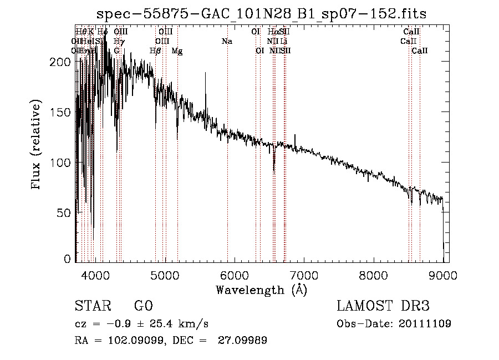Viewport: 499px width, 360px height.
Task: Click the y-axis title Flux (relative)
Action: click(x=37, y=146)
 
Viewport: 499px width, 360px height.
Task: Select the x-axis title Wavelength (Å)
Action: click(x=261, y=290)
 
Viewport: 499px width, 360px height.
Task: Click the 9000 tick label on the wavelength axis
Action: click(x=443, y=275)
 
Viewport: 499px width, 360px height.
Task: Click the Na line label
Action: click(x=227, y=41)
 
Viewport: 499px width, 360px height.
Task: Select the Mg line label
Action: click(x=177, y=51)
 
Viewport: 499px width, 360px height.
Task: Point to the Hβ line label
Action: click(x=155, y=51)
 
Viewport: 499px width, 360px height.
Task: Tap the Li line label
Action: click(x=283, y=41)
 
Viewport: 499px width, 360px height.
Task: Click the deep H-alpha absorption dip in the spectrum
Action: click(x=274, y=166)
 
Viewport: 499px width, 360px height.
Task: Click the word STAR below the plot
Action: click(x=92, y=306)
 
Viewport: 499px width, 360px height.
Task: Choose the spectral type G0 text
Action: click(x=143, y=306)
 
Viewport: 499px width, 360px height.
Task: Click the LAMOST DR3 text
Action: click(x=383, y=306)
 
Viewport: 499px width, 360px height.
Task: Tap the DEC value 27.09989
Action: click(x=243, y=341)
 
